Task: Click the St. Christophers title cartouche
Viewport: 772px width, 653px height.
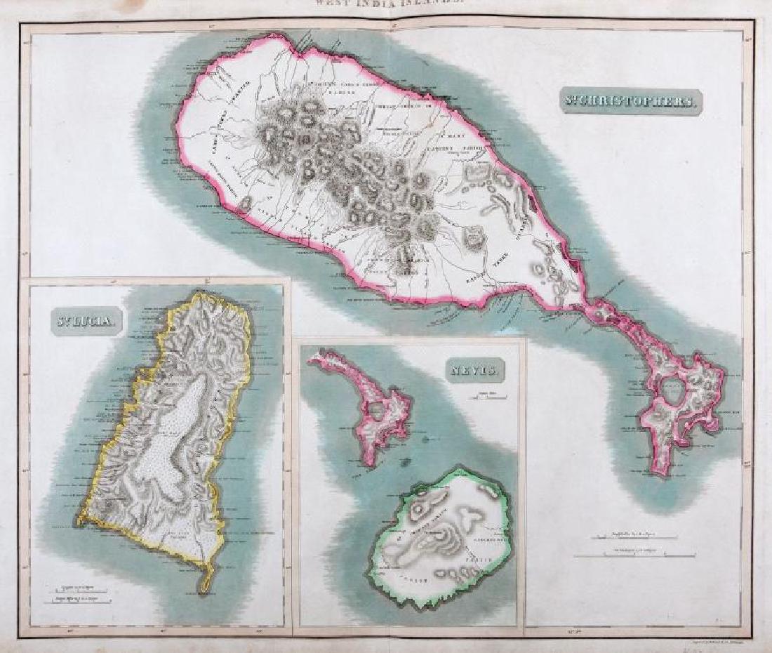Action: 631,100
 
